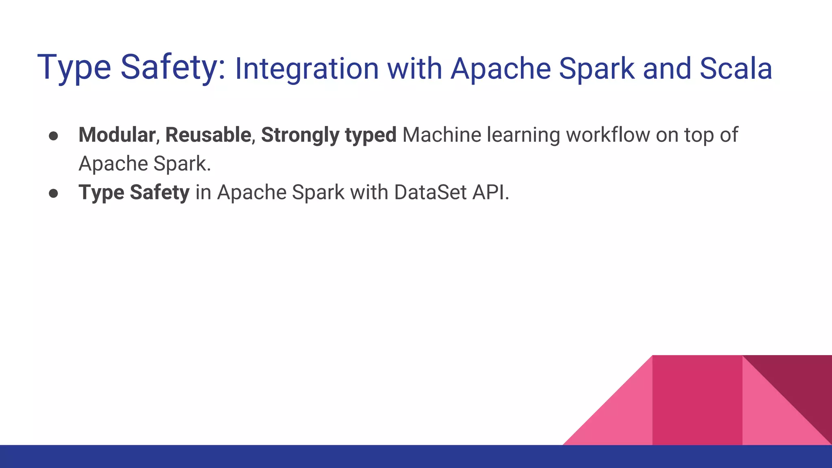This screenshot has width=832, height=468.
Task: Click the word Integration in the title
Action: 307,69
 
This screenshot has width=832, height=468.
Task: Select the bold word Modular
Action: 117,135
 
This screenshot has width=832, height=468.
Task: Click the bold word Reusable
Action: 208,135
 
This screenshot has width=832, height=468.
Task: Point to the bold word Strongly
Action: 300,136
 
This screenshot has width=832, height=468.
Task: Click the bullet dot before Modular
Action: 53,136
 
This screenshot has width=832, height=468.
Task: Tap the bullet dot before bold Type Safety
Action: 53,193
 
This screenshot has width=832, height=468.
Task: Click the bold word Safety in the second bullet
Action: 159,193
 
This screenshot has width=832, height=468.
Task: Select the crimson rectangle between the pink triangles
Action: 697,400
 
